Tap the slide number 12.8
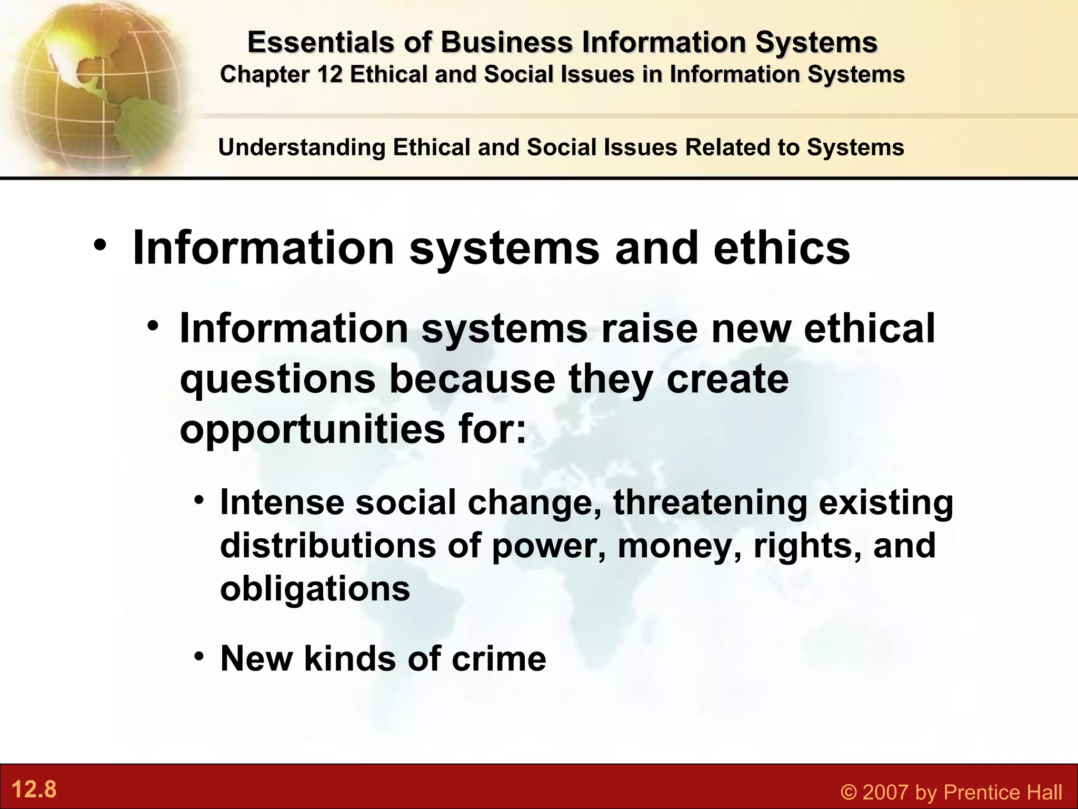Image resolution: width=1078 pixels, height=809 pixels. tap(34, 790)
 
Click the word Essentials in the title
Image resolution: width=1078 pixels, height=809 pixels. tap(320, 42)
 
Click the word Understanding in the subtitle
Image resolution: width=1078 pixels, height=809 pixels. tap(302, 147)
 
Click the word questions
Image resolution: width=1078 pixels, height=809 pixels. tap(277, 379)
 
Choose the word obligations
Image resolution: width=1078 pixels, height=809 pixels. tap(315, 588)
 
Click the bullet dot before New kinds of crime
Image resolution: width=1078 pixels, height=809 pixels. tap(198, 656)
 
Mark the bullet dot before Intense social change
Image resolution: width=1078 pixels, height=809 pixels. tap(198, 500)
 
